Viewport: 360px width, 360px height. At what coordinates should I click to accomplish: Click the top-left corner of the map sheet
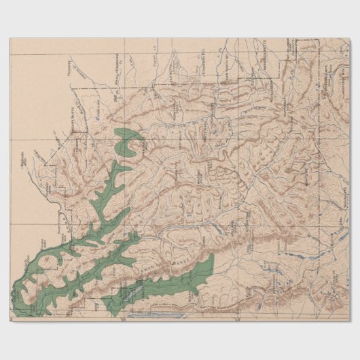(x=10, y=38)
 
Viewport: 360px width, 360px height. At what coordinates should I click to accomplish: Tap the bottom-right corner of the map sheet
(x=350, y=321)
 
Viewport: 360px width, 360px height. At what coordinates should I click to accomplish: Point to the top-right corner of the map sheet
(x=350, y=38)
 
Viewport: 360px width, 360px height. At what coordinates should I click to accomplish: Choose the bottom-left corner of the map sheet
(x=10, y=321)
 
